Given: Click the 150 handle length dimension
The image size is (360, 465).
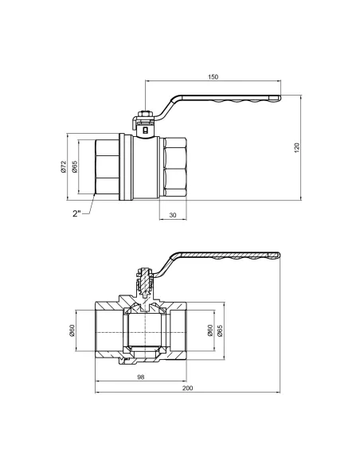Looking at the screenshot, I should tap(213, 78).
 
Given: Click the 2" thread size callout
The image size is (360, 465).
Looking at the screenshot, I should tap(77, 213).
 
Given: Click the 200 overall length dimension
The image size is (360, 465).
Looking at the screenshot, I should tap(188, 390).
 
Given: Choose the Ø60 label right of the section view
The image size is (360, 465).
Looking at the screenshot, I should tap(208, 333).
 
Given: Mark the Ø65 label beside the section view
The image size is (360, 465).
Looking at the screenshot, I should tap(220, 333).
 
